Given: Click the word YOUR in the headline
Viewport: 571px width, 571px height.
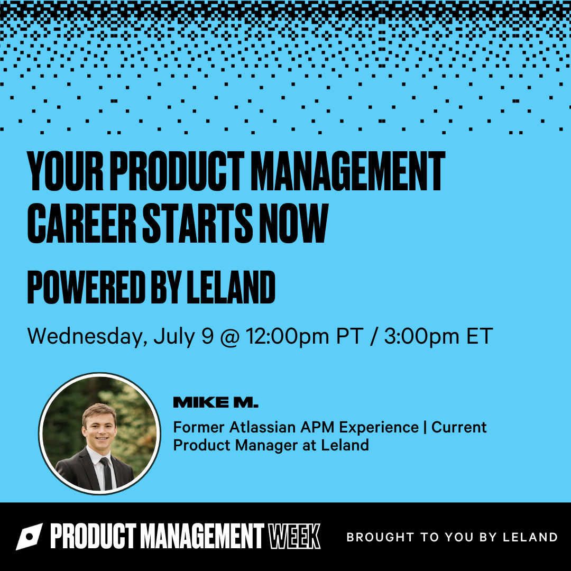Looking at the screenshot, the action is click(66, 171).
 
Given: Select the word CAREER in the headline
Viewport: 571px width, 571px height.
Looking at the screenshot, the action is click(81, 223).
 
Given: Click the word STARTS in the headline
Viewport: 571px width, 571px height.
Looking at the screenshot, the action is click(197, 223).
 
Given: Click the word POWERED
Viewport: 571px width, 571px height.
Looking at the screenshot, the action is click(86, 287).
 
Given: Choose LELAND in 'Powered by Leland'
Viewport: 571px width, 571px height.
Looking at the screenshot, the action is click(231, 287).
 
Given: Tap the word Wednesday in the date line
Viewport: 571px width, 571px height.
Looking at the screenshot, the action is click(87, 336).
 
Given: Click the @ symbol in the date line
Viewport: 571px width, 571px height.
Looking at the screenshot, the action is click(230, 336).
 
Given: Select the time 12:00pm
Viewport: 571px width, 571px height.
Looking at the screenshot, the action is click(287, 336).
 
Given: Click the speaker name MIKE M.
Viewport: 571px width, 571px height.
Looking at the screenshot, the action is click(216, 402).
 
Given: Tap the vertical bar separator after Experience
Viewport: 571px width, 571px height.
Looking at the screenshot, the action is click(425, 428).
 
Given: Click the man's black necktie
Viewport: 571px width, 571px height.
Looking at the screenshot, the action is click(107, 473).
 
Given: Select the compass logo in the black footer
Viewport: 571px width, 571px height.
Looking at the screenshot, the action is click(29, 537).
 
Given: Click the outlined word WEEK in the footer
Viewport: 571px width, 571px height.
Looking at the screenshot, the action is click(294, 537).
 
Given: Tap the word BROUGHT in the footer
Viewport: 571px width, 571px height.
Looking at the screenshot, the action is click(380, 537).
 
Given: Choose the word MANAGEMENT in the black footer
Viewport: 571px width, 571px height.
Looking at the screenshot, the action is click(202, 537).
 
